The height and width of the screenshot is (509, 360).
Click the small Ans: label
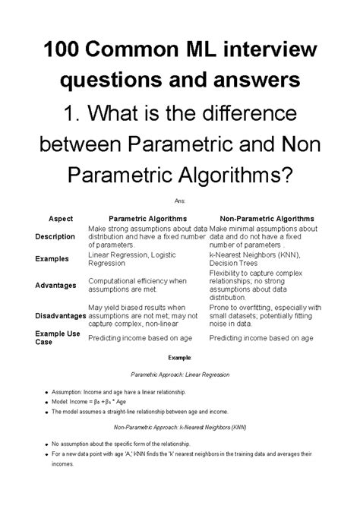pos(179,200)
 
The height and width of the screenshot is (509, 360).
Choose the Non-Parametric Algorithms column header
pos(264,217)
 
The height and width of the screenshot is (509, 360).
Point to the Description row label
pos(55,236)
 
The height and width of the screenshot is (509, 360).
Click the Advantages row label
pos(55,285)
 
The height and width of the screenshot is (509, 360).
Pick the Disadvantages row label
pos(59,315)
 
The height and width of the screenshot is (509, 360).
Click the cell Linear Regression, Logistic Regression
pos(132,259)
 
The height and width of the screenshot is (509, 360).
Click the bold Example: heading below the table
pos(179,356)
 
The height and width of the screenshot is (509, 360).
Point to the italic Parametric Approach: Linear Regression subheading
pos(180,375)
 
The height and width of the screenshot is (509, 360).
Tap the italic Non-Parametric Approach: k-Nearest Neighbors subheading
pos(180,428)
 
